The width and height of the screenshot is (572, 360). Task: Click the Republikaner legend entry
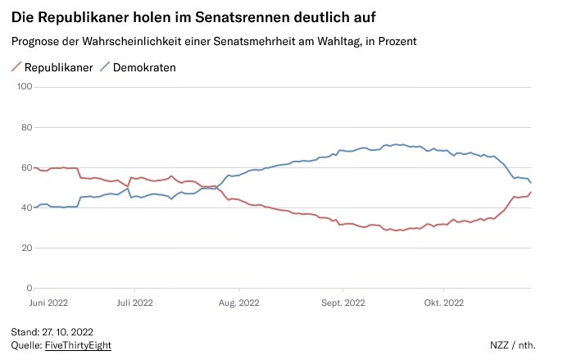[57, 67]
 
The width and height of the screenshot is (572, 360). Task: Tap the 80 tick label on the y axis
[25, 127]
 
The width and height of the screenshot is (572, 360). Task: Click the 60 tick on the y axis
[25, 167]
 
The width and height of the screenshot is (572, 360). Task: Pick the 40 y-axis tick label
[25, 207]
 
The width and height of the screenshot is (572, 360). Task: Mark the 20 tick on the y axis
[25, 248]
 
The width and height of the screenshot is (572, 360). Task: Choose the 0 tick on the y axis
[27, 288]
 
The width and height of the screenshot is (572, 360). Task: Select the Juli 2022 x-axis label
[135, 302]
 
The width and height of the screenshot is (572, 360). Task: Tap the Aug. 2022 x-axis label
[238, 302]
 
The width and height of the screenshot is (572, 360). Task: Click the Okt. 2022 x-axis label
[443, 302]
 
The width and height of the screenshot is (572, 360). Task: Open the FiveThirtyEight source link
[78, 345]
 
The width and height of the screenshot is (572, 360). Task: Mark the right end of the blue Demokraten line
[531, 183]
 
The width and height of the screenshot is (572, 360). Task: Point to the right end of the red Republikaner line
[531, 192]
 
